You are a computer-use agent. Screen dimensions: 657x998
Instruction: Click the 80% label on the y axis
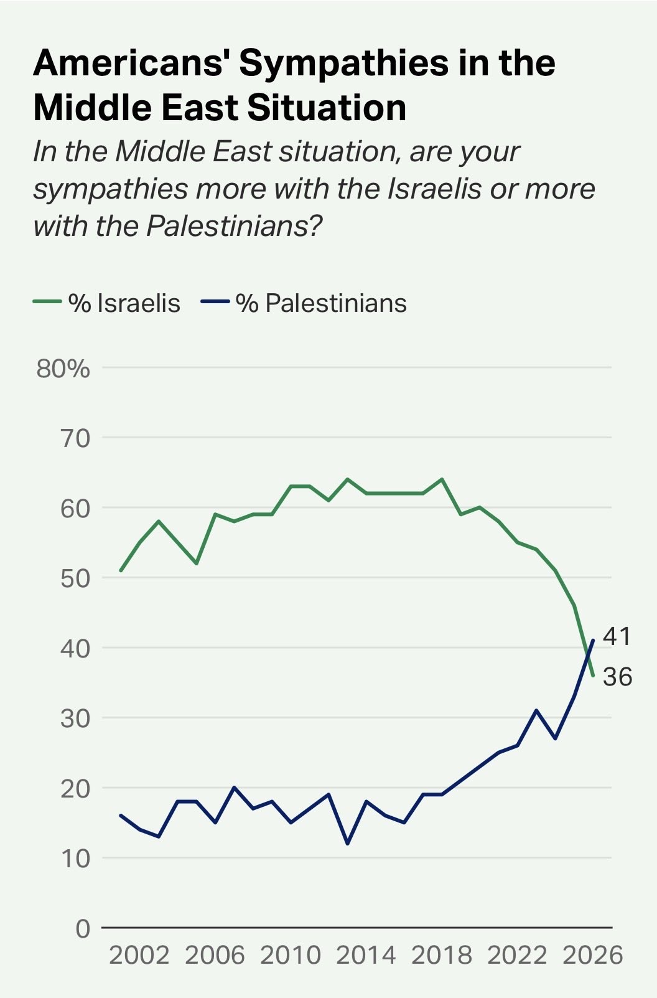(63, 369)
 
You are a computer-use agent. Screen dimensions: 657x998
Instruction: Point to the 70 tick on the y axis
(75, 439)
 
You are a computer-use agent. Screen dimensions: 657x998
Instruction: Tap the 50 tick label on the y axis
(75, 579)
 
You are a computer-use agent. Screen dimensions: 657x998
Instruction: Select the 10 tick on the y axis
(76, 859)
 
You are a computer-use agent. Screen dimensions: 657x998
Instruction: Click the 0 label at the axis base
(83, 929)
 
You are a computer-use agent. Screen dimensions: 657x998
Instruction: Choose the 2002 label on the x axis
(139, 955)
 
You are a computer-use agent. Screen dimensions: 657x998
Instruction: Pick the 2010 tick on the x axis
(290, 955)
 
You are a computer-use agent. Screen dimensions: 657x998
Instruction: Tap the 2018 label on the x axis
(442, 955)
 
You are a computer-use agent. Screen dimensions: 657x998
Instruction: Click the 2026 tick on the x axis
(592, 955)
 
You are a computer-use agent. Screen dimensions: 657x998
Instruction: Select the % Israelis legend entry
(107, 303)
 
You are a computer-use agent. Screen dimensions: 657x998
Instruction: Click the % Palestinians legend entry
(304, 303)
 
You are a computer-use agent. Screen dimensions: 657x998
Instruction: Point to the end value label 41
(617, 636)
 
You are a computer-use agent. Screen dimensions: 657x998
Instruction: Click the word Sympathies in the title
(343, 64)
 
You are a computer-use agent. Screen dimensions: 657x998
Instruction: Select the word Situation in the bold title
(327, 107)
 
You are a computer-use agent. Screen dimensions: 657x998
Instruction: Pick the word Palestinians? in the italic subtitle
(234, 227)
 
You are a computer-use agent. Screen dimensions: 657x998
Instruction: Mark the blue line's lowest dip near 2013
(348, 843)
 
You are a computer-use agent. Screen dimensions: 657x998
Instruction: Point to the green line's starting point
(121, 570)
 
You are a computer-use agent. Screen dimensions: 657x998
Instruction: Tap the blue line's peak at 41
(593, 640)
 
